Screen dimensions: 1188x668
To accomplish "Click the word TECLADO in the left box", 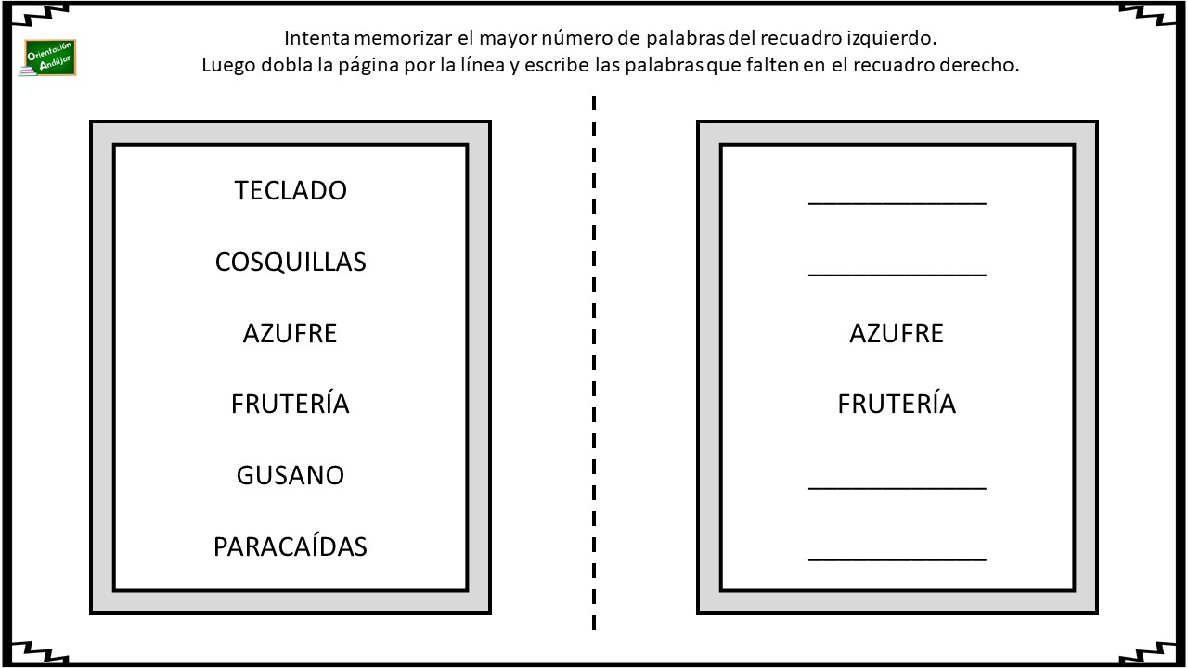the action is pos(291,190).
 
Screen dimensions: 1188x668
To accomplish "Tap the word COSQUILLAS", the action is pos(291,262).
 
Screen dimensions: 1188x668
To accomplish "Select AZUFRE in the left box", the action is pos(291,333).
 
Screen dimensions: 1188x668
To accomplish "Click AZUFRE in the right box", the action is pos(897,333).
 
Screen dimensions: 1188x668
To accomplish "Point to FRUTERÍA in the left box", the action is pos(291,402).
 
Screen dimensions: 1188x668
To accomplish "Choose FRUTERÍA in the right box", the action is pos(897,402).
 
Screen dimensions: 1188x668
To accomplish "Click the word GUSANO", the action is pos(291,475).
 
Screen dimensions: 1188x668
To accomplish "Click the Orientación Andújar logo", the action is pos(49,58).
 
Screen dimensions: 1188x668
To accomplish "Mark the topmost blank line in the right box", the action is pos(897,203).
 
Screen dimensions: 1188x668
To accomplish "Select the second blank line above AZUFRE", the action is pos(897,203).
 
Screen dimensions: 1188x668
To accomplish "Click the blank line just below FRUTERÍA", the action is pos(897,488).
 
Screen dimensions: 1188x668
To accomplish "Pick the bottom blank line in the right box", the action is pos(897,559).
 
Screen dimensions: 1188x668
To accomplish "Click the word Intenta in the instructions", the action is pos(317,38).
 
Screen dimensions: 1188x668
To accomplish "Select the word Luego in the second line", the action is pos(228,66).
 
